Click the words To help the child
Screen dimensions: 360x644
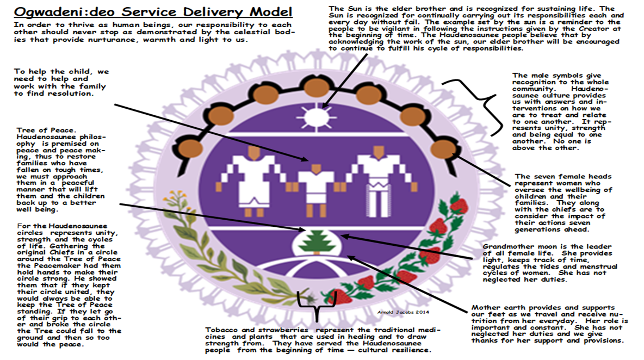[50, 71]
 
